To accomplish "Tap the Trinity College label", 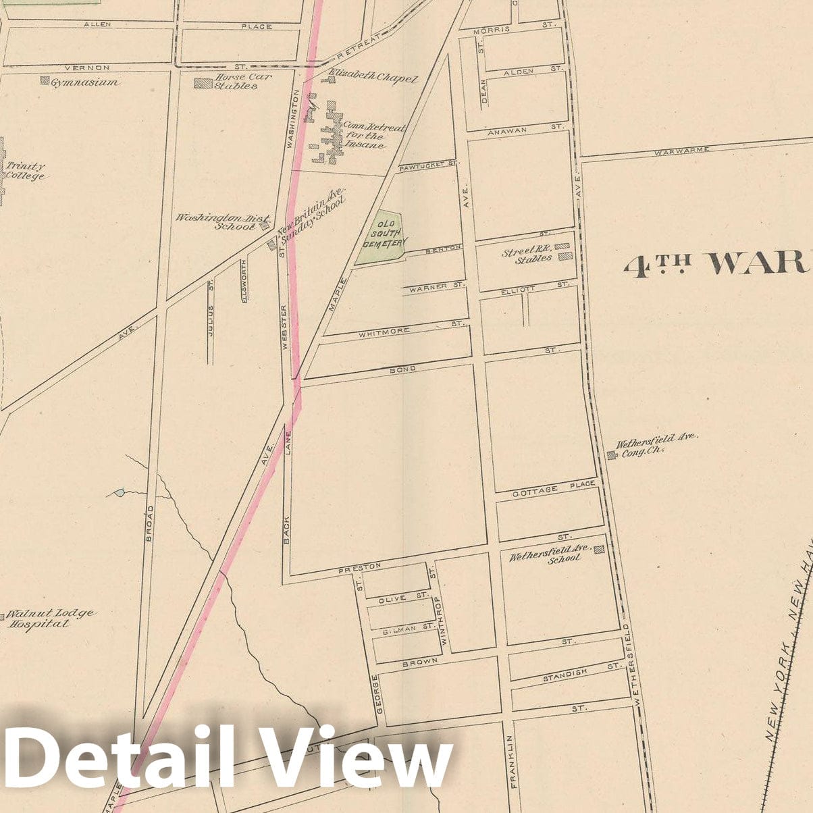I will [x=25, y=171].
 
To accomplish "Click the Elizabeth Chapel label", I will [x=373, y=78].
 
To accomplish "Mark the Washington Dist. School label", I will [x=223, y=222].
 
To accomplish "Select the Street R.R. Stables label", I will [x=527, y=254].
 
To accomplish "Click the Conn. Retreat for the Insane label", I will [x=365, y=136].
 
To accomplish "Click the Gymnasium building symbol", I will [x=45, y=81].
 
